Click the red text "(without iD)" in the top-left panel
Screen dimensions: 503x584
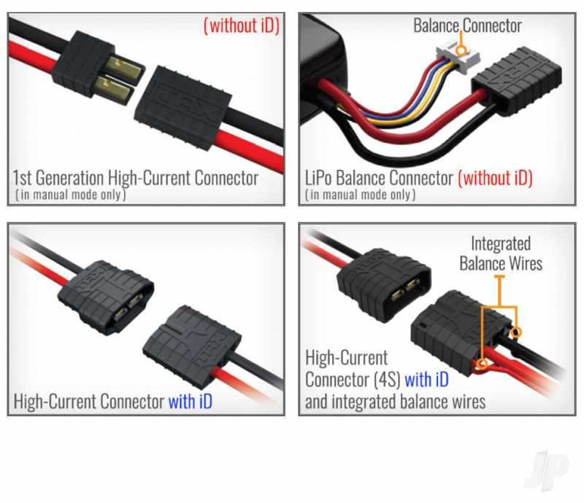tap(242, 26)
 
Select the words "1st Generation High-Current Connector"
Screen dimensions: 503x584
tap(136, 177)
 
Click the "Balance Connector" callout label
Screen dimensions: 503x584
tap(467, 26)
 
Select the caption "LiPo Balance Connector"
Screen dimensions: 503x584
tap(379, 177)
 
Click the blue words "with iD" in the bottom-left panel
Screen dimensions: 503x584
tap(191, 401)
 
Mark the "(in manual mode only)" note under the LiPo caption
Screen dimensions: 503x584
tap(361, 195)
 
